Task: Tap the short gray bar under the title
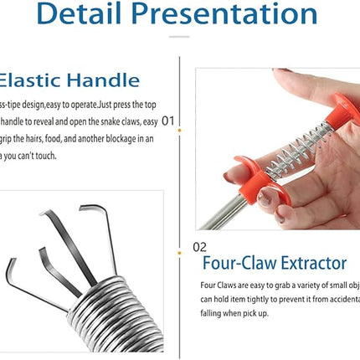[179, 36]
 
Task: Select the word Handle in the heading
[103, 81]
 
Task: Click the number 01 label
[167, 120]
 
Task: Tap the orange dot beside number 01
[180, 120]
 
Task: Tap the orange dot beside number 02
[180, 249]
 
